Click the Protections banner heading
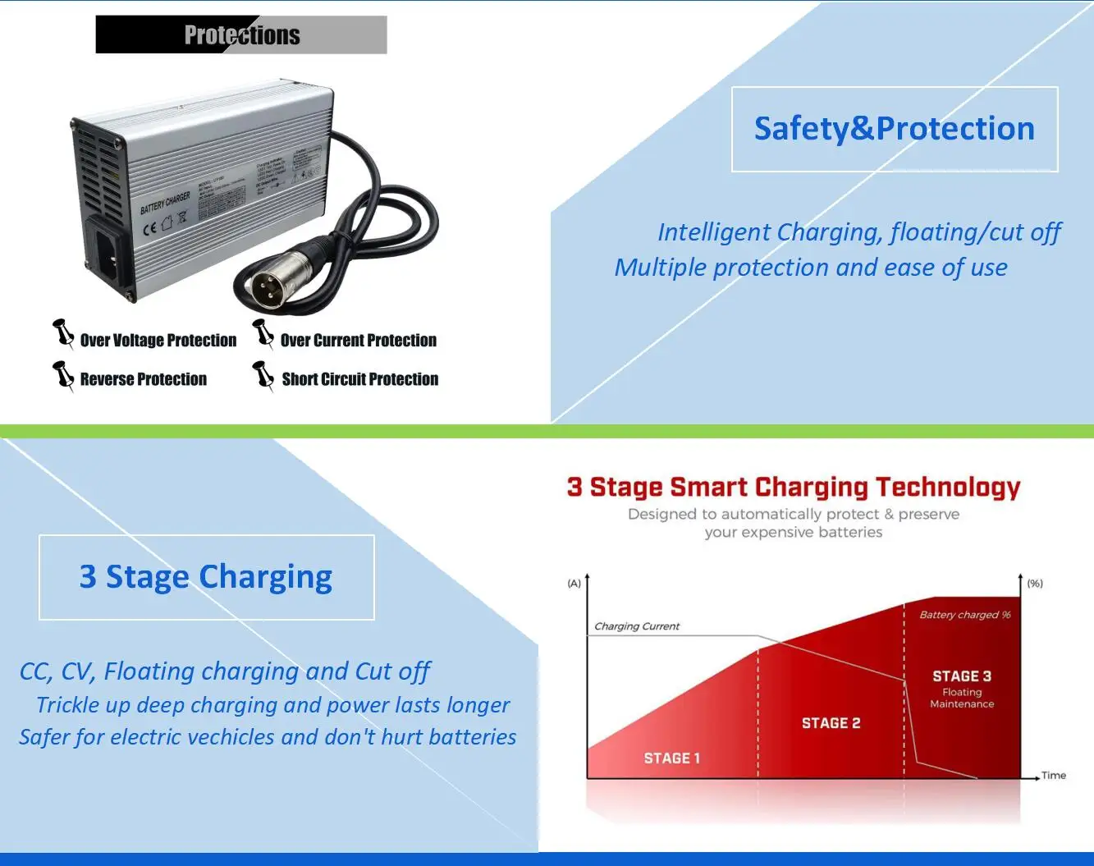[x=241, y=35]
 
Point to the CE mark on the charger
[x=149, y=227]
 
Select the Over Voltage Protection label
[x=158, y=341]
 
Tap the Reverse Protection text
[x=143, y=379]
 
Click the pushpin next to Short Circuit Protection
[x=263, y=375]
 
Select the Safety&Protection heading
[x=894, y=129]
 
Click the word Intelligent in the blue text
[x=714, y=232]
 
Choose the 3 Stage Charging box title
[x=206, y=577]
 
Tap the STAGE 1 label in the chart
[x=671, y=758]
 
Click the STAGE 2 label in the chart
[x=831, y=723]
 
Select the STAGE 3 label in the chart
[x=961, y=676]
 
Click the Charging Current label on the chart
[x=637, y=626]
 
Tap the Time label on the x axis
[x=1053, y=775]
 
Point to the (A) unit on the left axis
[x=574, y=584]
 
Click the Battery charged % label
[x=964, y=615]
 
